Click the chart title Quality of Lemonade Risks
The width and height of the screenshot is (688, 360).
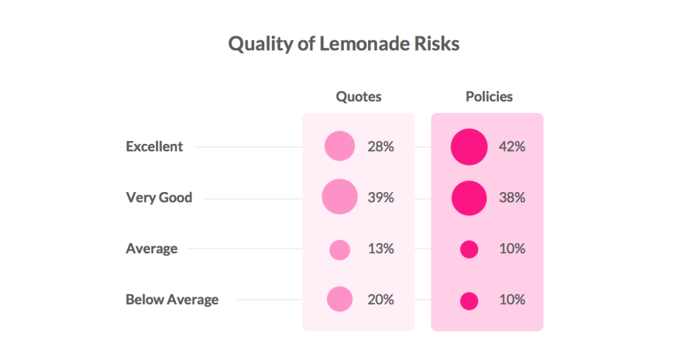[x=343, y=44]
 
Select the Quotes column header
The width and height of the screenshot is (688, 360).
[x=358, y=97]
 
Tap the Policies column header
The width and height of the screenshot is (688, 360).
[x=489, y=96]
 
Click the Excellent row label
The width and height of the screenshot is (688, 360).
[x=154, y=147]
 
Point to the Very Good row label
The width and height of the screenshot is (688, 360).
[x=159, y=198]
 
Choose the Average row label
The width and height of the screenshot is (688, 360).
[x=151, y=248]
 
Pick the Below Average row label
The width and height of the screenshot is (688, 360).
[x=172, y=299]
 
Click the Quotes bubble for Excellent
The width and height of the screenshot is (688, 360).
[x=340, y=147]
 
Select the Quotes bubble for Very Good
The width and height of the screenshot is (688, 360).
[x=340, y=198]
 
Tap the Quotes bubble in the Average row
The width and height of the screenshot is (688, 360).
[x=340, y=249]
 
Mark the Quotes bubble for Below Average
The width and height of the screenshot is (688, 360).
[x=340, y=299]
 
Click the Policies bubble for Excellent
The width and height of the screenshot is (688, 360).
[x=469, y=147]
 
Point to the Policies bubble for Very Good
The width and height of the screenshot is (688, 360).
[x=469, y=198]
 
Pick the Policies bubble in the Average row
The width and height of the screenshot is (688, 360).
[x=469, y=249]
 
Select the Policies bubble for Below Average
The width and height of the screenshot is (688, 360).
[x=469, y=301]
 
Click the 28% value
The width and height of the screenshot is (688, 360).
[x=380, y=147]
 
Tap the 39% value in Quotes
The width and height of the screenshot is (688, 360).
[x=380, y=198]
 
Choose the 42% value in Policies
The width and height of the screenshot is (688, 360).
[x=512, y=147]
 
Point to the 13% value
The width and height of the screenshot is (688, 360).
[x=380, y=248]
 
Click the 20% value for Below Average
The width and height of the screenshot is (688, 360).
[x=380, y=299]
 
